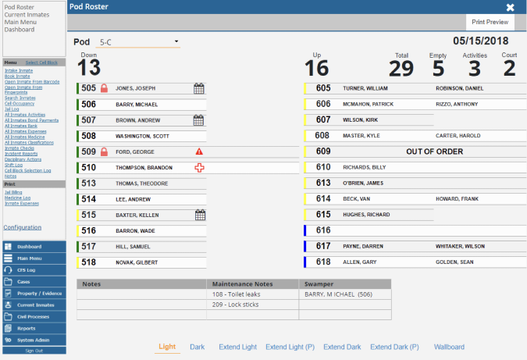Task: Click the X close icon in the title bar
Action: (510, 7)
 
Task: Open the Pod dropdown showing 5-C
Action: (139, 41)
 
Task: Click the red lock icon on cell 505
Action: (104, 88)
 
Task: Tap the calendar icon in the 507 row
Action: (198, 120)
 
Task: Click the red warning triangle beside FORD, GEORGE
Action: (198, 151)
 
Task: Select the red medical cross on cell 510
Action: (198, 167)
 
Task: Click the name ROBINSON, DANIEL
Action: (460, 88)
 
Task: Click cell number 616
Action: (323, 230)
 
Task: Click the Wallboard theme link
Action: (449, 347)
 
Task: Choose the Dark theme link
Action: (197, 347)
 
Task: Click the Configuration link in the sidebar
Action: (22, 227)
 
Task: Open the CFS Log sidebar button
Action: (28, 269)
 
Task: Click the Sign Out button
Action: (34, 351)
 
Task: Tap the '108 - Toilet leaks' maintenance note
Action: (235, 294)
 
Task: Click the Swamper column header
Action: (316, 283)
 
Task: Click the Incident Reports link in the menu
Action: (20, 153)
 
